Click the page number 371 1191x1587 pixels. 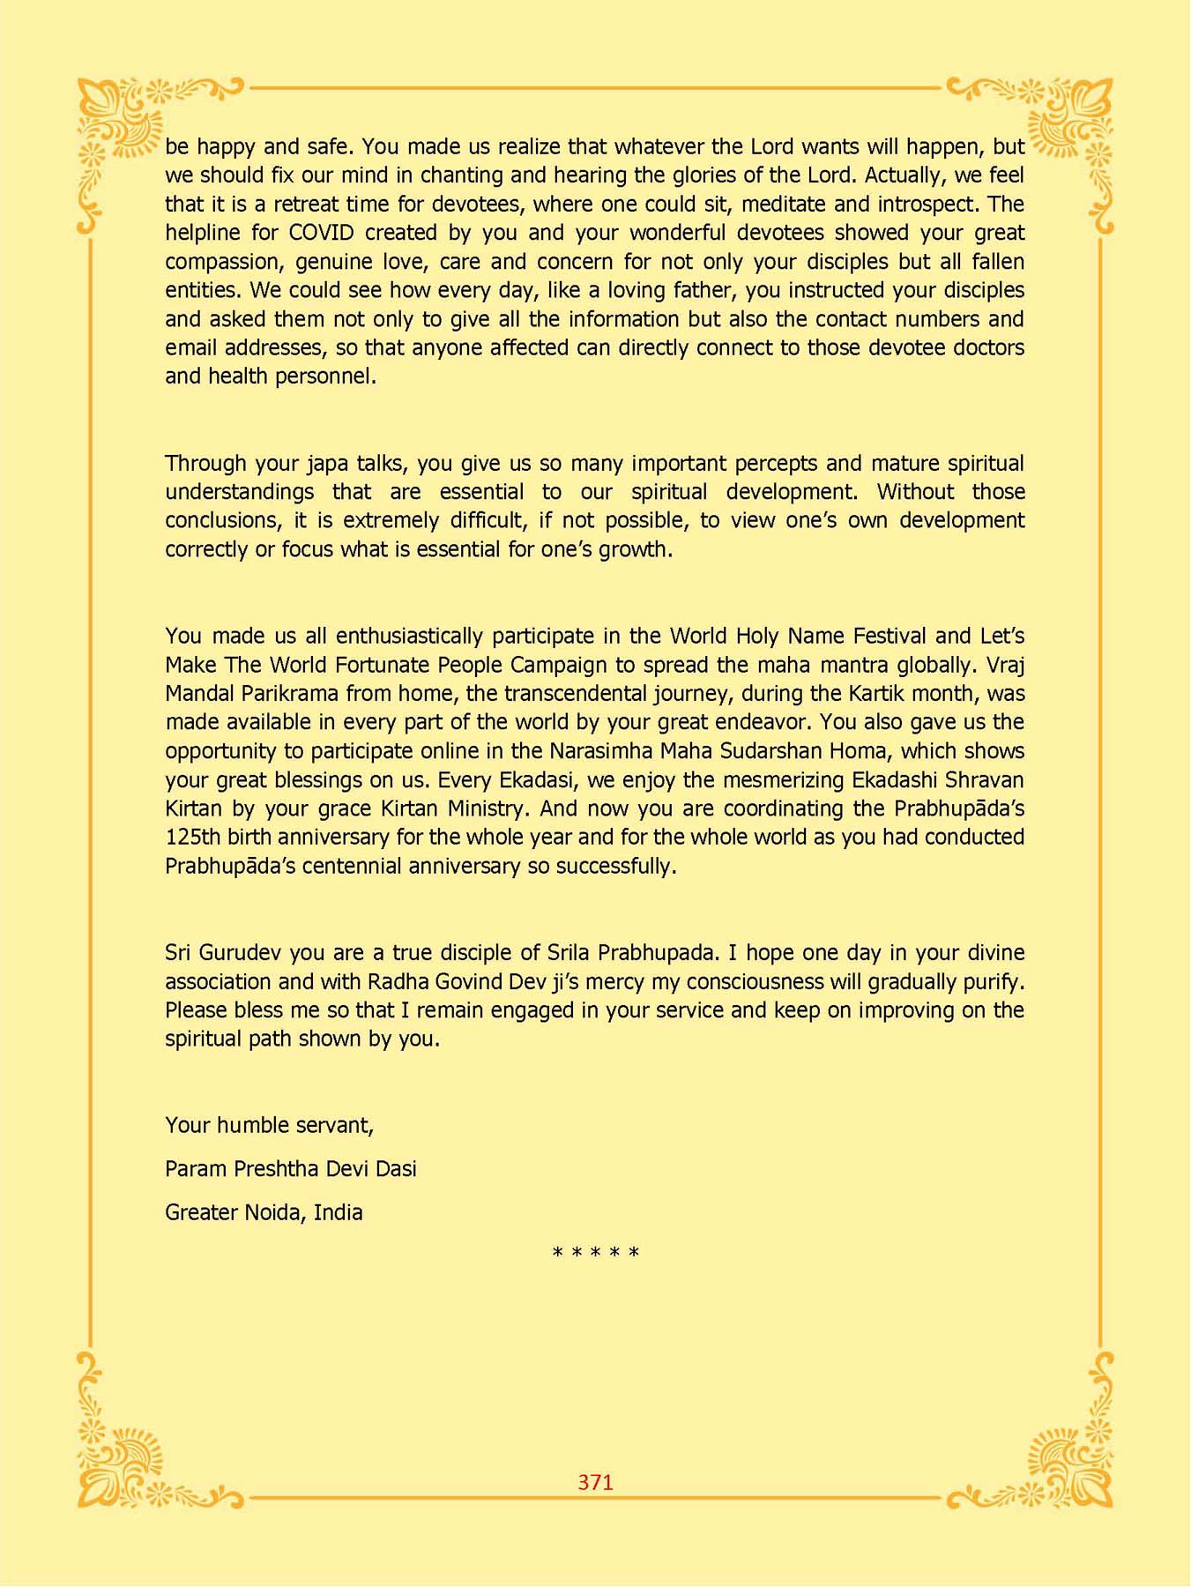coord(595,1482)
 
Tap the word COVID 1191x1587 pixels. coord(322,233)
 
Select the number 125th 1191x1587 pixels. coord(193,837)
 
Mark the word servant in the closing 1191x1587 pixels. coord(334,1126)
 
